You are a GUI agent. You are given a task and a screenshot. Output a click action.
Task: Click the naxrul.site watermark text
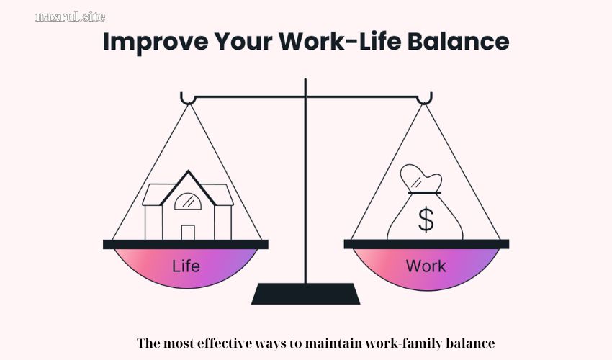click(70, 17)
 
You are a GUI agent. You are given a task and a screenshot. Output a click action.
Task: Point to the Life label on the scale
click(186, 266)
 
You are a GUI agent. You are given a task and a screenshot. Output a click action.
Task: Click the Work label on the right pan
click(426, 266)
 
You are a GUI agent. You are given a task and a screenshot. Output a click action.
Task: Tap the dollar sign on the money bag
click(426, 220)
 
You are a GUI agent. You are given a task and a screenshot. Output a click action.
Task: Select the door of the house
click(187, 232)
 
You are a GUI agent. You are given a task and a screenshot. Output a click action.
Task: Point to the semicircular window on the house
click(187, 202)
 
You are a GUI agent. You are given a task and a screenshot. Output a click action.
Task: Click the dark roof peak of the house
click(188, 174)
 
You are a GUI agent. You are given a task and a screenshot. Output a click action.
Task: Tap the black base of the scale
click(306, 294)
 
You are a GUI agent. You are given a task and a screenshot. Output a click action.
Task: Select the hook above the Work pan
click(425, 98)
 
